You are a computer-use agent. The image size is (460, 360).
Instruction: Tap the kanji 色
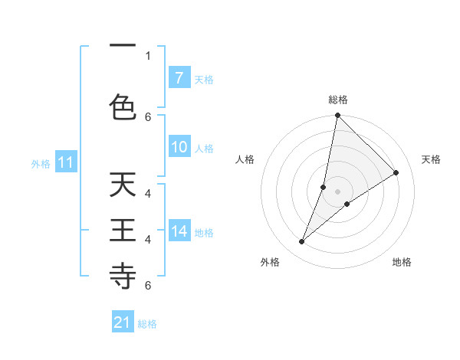(x=123, y=106)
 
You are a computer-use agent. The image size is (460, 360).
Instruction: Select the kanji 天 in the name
(x=123, y=185)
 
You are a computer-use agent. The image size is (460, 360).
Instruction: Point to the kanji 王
(x=123, y=231)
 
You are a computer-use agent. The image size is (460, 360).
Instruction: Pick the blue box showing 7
(x=179, y=78)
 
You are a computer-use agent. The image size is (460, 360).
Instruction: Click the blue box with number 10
(x=179, y=148)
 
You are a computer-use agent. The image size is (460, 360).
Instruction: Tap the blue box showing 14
(x=179, y=231)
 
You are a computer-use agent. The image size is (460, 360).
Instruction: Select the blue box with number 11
(x=65, y=162)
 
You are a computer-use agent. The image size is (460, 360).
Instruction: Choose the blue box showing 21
(x=123, y=322)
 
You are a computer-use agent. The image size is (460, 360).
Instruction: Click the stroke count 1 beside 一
(x=148, y=55)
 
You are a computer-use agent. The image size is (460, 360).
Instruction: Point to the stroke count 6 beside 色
(x=148, y=116)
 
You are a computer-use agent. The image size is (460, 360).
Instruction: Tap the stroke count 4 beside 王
(x=148, y=239)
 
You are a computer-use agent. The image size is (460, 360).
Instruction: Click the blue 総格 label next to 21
(x=147, y=324)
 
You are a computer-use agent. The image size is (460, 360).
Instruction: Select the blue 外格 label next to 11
(x=40, y=163)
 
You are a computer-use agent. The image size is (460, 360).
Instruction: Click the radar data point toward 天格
(x=396, y=172)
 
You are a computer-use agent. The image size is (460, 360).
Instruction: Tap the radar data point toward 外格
(x=301, y=242)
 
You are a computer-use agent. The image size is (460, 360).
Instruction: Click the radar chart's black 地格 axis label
(x=402, y=262)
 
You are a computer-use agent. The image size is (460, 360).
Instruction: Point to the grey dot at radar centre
(x=337, y=191)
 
